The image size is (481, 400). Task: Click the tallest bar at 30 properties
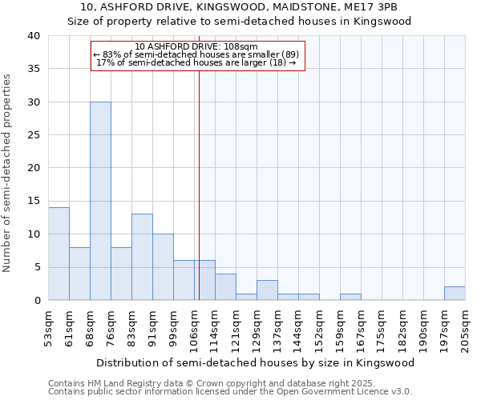[x=100, y=201]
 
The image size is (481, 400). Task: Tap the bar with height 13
[x=142, y=257]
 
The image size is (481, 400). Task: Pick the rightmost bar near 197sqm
[x=455, y=293]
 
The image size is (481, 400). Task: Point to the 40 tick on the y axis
[x=33, y=36]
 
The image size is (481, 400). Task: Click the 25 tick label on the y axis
[x=33, y=135]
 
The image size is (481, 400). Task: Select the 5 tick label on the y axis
[x=36, y=267]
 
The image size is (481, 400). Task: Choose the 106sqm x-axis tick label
[x=195, y=326]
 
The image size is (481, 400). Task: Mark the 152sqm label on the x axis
[x=320, y=326]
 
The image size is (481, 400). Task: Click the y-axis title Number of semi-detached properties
[x=8, y=173]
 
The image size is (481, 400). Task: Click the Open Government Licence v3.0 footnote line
[x=229, y=392]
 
